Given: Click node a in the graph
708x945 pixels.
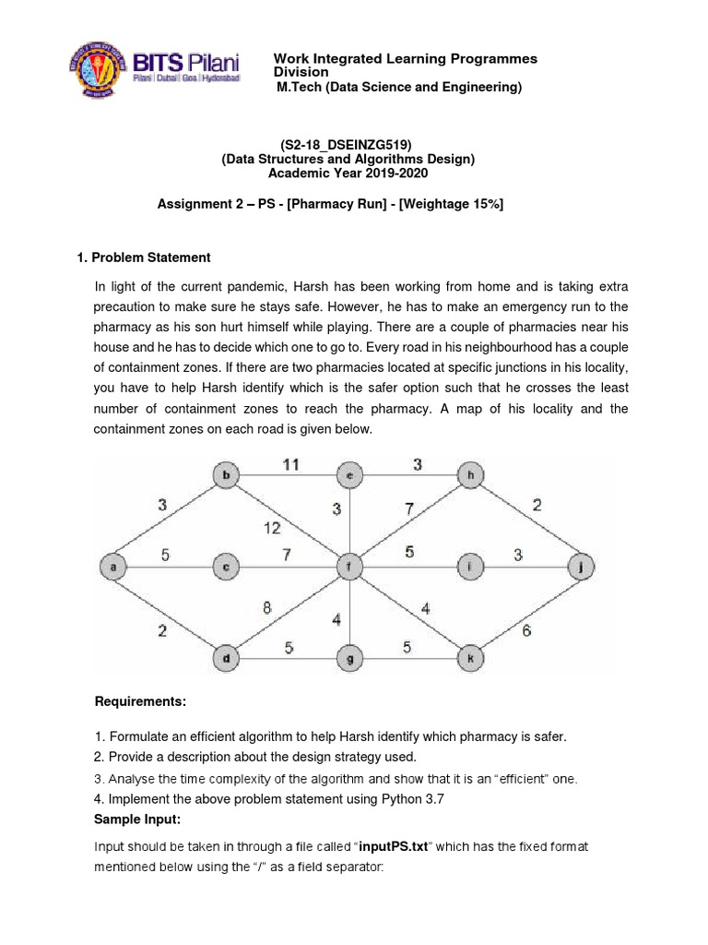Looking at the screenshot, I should click(113, 567).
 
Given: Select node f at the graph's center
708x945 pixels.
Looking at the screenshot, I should click(349, 567).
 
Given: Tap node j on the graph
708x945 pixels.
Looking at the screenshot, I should click(581, 567).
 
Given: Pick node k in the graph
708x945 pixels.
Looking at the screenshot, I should click(470, 657).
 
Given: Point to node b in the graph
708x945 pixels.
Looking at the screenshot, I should click(226, 476).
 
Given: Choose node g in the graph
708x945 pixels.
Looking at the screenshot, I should click(349, 657).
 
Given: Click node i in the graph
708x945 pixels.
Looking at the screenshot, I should click(470, 567).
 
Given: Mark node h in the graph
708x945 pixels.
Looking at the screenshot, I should click(470, 476).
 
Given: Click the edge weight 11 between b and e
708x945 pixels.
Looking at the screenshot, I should click(290, 465).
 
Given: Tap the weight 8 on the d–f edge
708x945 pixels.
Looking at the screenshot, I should click(267, 607).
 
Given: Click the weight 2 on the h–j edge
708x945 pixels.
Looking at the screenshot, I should click(536, 504).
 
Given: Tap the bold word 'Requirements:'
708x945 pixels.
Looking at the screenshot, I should click(140, 702).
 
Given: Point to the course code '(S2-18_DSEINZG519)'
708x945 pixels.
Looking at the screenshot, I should click(347, 146).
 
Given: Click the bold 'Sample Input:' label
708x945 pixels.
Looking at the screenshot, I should click(137, 819).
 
